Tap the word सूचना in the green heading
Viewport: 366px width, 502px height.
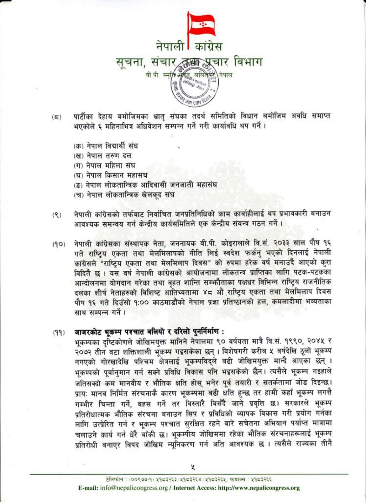tap(128, 62)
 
